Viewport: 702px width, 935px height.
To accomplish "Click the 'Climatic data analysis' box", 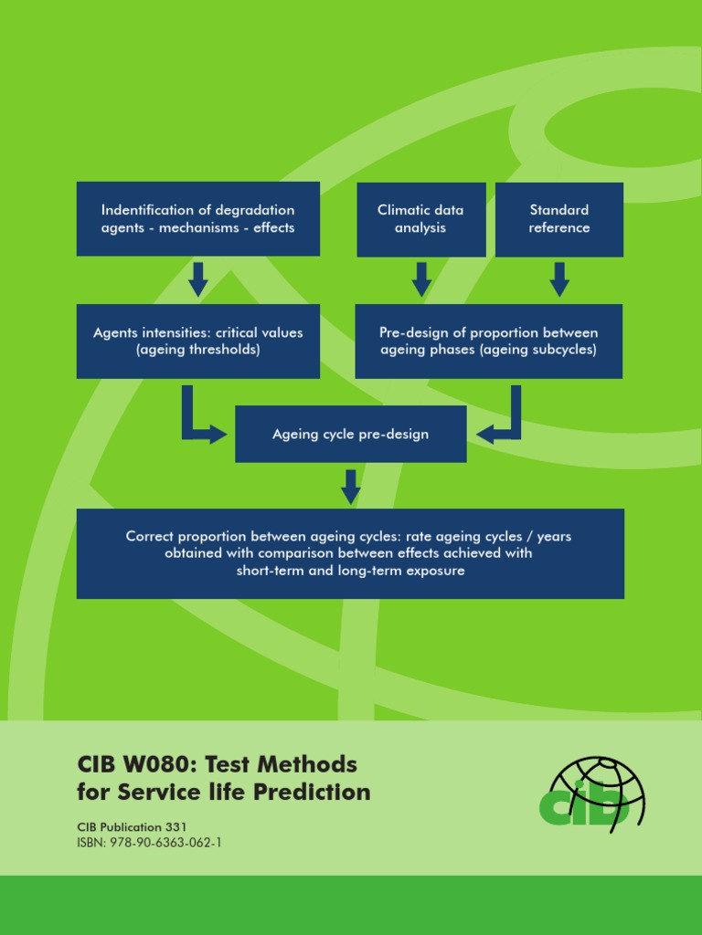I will (420, 219).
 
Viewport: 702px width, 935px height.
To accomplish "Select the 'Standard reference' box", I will (559, 219).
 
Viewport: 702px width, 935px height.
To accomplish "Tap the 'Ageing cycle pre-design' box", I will (350, 434).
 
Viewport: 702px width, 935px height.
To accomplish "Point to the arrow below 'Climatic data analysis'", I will (421, 279).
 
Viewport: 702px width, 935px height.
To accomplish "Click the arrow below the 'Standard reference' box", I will (559, 279).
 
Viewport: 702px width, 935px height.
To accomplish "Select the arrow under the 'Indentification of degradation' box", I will (198, 279).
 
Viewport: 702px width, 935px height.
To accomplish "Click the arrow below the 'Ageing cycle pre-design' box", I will (350, 486).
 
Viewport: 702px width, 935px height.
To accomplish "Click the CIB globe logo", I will (591, 791).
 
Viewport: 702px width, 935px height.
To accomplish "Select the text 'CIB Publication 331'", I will (132, 826).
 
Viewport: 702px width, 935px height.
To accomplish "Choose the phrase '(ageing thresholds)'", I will (198, 350).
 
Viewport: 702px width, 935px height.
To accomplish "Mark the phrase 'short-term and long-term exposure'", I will (350, 571).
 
